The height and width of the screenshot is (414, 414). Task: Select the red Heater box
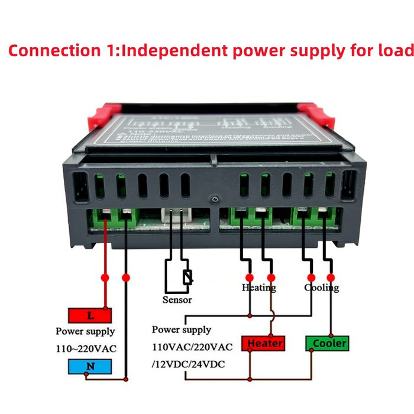[265, 343]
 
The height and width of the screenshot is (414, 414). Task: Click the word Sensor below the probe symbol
[177, 299]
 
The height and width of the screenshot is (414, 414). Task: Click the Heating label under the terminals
[258, 287]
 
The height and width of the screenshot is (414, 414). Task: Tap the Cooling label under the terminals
[322, 287]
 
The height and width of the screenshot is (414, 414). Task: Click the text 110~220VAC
[86, 348]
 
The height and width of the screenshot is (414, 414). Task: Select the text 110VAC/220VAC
[192, 346]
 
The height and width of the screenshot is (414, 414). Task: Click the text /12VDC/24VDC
[189, 363]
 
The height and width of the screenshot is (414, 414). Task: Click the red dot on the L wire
[105, 277]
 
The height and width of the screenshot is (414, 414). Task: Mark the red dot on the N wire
[125, 277]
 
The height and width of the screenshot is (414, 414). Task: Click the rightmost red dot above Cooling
[330, 277]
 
